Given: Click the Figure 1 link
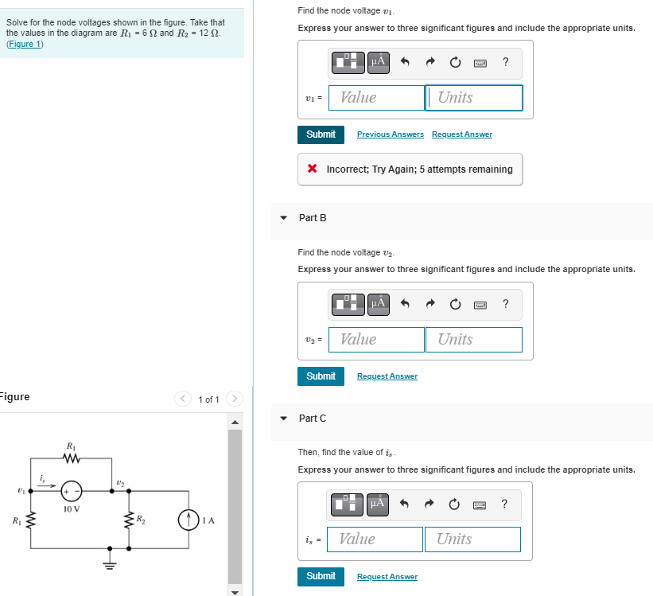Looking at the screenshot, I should tap(25, 44).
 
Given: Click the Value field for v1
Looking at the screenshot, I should tap(377, 98).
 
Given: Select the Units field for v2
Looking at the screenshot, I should tap(473, 340).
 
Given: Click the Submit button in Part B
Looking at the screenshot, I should tap(321, 376).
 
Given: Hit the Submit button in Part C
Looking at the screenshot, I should tap(321, 576).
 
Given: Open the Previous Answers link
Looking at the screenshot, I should tap(390, 134).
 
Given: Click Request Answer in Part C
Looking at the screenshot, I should tap(387, 577).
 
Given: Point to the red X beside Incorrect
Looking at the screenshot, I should tap(313, 169).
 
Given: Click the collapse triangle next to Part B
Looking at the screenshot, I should tap(284, 218).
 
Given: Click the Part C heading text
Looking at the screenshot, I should tap(312, 419).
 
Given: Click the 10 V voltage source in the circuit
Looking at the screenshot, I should tap(72, 491).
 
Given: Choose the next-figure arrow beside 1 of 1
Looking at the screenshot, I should tap(235, 399).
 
